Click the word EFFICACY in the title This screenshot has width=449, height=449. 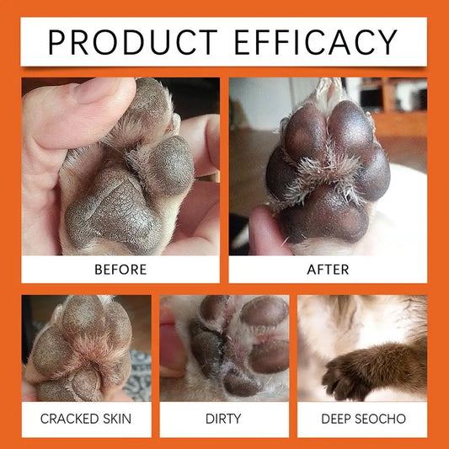(324, 41)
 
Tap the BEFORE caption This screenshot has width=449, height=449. (120, 270)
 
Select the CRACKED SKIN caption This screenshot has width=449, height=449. (87, 419)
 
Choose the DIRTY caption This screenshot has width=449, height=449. (224, 419)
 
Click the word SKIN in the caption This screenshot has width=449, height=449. (120, 419)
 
